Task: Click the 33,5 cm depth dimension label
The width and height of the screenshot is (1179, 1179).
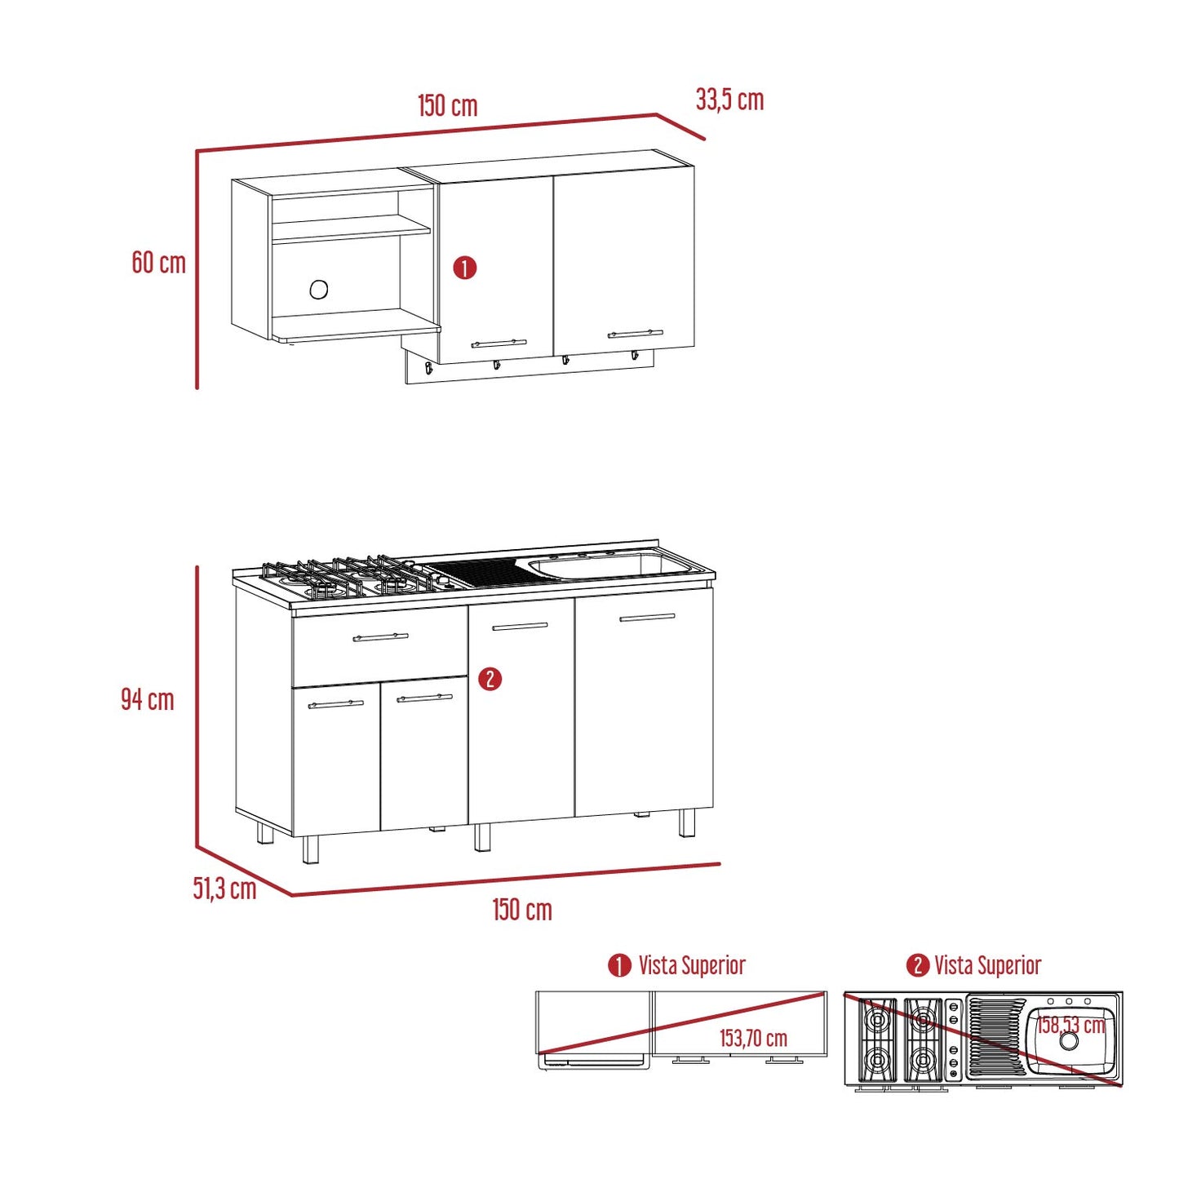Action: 729,100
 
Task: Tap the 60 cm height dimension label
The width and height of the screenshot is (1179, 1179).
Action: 158,263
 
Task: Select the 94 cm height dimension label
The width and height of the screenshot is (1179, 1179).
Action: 148,699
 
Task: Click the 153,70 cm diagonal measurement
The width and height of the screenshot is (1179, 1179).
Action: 753,1039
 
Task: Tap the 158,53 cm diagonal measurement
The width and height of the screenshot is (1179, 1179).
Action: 1070,1025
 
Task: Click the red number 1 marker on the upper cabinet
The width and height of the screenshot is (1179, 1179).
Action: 465,268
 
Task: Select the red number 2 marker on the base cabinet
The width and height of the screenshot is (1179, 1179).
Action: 490,679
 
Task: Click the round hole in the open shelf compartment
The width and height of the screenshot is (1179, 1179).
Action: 319,289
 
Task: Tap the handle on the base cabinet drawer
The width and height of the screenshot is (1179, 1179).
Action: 380,637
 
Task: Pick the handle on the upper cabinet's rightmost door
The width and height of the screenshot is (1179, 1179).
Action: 635,334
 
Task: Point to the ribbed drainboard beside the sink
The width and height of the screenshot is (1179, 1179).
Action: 483,574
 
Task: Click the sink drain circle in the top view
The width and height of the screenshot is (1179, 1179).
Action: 1069,1041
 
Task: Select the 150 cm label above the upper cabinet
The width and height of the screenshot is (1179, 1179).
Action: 448,106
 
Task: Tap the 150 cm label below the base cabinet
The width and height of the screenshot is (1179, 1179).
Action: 522,910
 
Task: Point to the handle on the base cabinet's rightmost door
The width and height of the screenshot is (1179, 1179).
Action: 647,618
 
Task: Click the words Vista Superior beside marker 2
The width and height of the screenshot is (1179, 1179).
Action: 987,965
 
